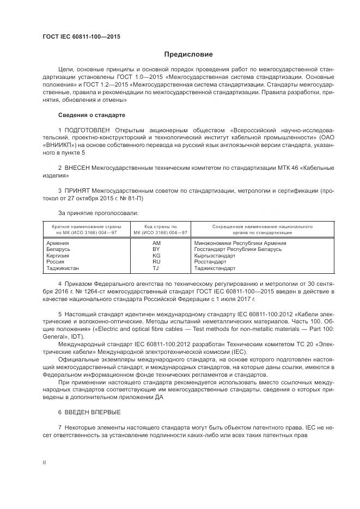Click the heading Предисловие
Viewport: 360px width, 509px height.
(189, 54)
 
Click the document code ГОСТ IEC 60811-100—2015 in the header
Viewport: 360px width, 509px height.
(81, 36)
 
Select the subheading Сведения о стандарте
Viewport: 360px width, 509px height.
(91, 115)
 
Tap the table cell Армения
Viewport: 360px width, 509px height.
(58, 243)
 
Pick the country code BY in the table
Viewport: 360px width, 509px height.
(156, 249)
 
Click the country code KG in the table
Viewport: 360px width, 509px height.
(156, 255)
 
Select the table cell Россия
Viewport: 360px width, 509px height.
(56, 262)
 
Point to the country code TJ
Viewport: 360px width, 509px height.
(156, 268)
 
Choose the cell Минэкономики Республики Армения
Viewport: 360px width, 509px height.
(240, 243)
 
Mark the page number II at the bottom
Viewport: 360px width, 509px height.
(45, 462)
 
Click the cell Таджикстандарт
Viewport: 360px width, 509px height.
(214, 268)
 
